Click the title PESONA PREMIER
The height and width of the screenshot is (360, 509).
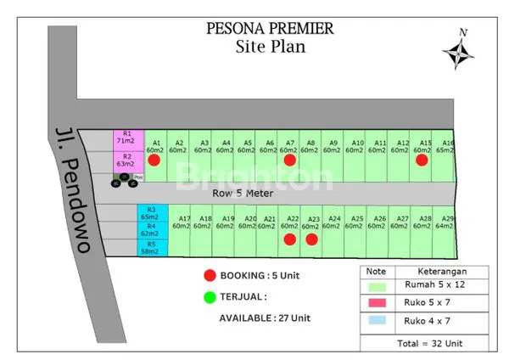[270, 28]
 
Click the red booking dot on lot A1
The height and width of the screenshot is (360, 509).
[154, 160]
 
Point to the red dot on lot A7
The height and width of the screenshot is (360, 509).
[289, 160]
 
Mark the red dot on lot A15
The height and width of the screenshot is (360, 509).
[422, 160]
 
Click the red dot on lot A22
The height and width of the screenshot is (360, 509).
[289, 239]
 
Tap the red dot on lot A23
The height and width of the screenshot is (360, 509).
[311, 239]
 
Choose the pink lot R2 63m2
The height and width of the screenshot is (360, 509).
[126, 160]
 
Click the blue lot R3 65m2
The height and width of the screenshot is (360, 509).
[152, 213]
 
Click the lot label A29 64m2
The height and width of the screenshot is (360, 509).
[445, 222]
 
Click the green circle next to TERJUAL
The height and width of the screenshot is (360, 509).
[209, 297]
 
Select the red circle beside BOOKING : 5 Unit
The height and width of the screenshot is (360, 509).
[209, 276]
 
